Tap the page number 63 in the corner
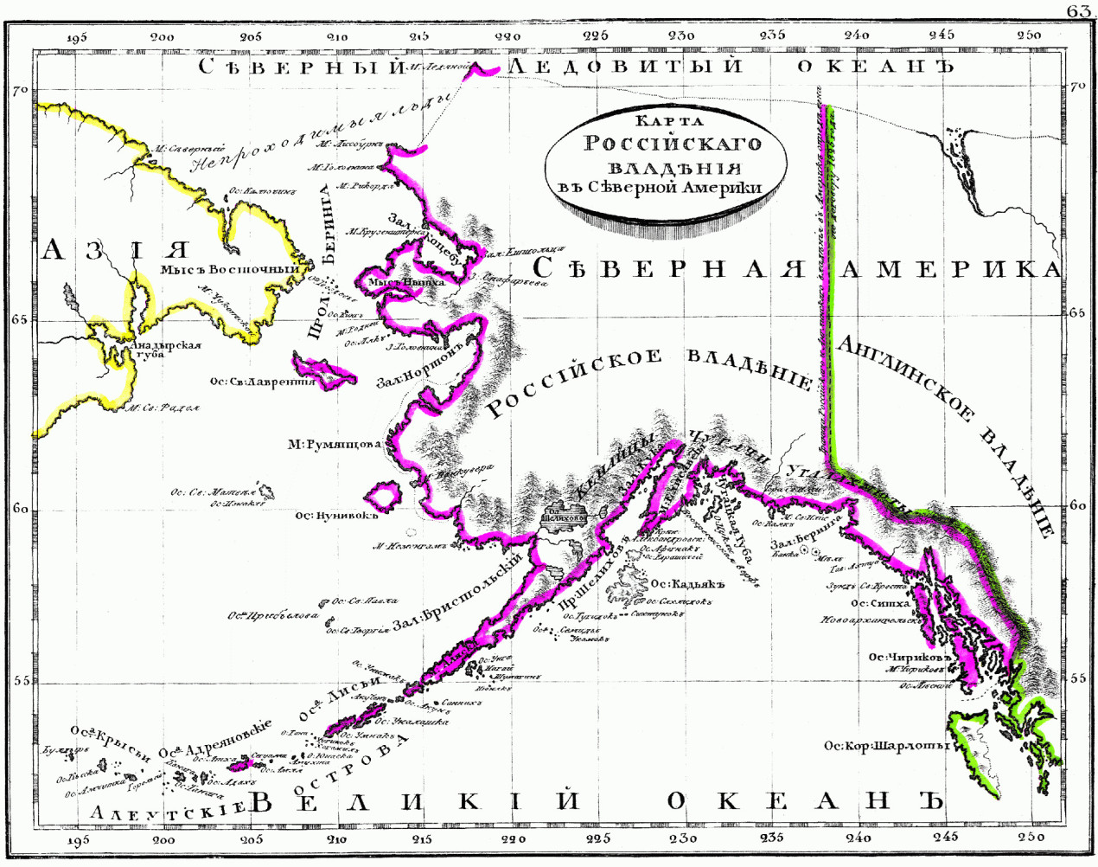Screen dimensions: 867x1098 tap(1080, 10)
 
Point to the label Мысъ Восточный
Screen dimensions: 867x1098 tap(229, 269)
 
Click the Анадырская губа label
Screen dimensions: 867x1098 tap(164, 350)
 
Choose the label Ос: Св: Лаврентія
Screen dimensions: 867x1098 tap(262, 381)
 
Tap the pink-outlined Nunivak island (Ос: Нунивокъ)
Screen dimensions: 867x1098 tap(383, 496)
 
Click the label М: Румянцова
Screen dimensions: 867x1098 tap(335, 445)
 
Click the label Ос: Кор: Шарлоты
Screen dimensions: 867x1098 tap(886, 745)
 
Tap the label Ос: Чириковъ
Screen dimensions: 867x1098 tap(910, 657)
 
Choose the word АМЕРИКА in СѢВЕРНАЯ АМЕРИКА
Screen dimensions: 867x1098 tap(951, 269)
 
